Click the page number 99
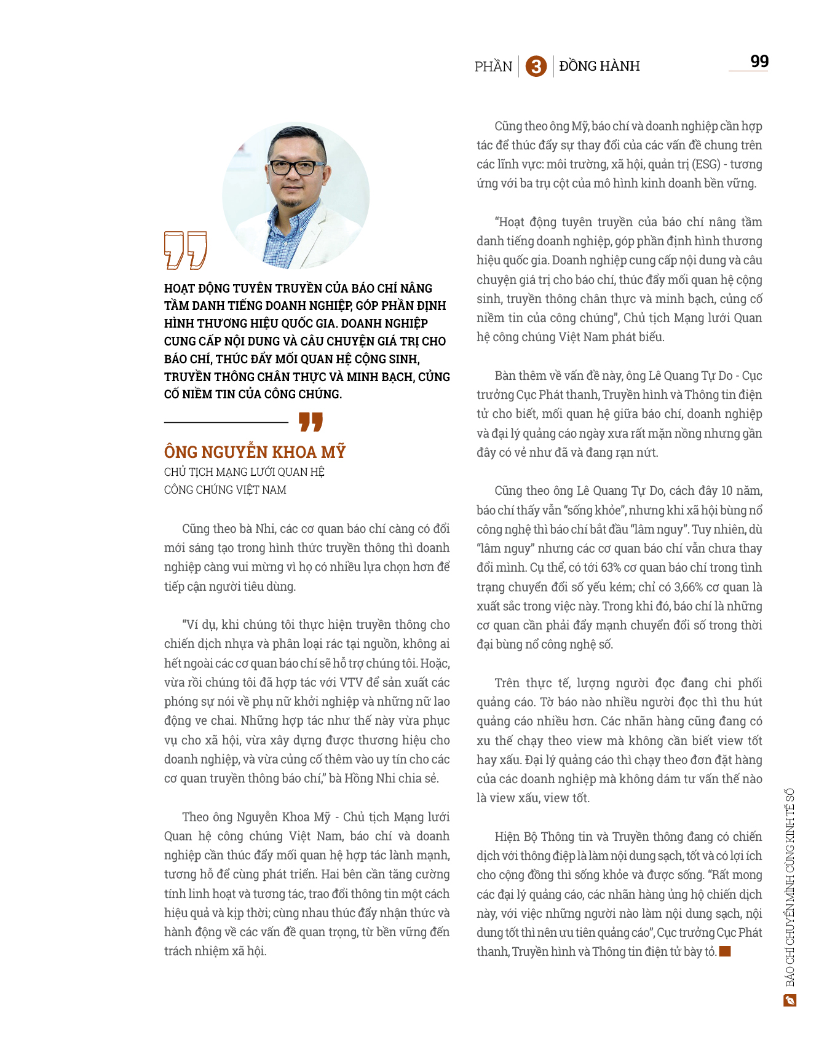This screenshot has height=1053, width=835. pyautogui.click(x=759, y=61)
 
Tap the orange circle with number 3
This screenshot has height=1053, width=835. pyautogui.click(x=536, y=66)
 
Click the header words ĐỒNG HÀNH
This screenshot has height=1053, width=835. pyautogui.click(x=600, y=66)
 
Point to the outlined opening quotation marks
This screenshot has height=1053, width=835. pyautogui.click(x=185, y=250)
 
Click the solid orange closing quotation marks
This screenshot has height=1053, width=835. pyautogui.click(x=311, y=422)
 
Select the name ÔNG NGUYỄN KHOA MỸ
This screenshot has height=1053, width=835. pyautogui.click(x=255, y=452)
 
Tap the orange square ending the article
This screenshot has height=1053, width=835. pyautogui.click(x=726, y=952)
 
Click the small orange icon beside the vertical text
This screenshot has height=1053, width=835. pyautogui.click(x=790, y=1000)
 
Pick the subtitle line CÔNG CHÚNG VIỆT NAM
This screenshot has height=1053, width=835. pyautogui.click(x=225, y=490)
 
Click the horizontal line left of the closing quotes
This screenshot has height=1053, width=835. pyautogui.click(x=226, y=422)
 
